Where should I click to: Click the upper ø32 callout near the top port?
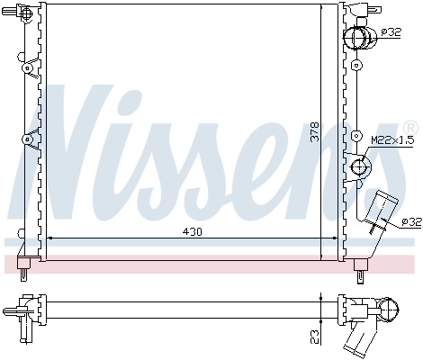pyautogui.click(x=391, y=31)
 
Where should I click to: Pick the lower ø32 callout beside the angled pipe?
pyautogui.click(x=409, y=220)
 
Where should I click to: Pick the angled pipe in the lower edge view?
pyautogui.click(x=361, y=337)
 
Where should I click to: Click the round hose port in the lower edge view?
pyautogui.click(x=391, y=311)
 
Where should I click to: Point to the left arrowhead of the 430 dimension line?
pyautogui.click(x=49, y=238)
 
